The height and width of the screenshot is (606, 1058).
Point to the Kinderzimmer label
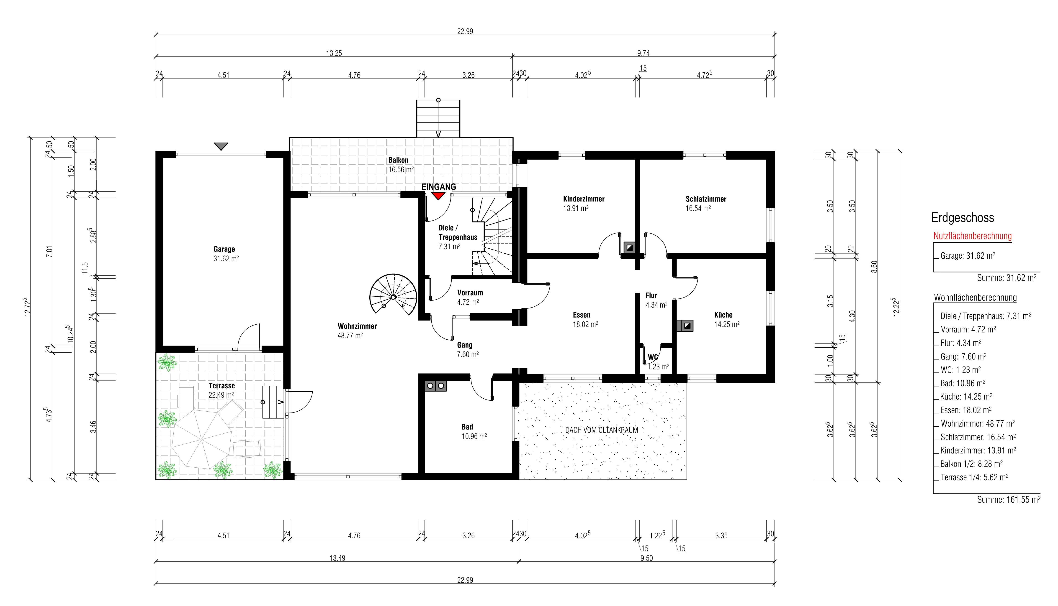click(584, 199)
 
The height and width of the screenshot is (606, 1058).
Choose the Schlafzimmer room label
click(706, 199)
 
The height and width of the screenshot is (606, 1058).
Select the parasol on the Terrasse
click(202, 439)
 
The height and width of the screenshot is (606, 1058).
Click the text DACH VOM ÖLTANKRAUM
click(602, 430)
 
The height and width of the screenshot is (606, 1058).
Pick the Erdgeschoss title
click(963, 218)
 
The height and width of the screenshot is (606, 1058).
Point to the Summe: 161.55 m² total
click(1008, 499)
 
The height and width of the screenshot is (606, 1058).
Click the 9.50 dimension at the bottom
click(646, 558)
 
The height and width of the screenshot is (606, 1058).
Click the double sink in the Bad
click(436, 386)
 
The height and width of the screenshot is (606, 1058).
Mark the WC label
click(653, 357)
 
